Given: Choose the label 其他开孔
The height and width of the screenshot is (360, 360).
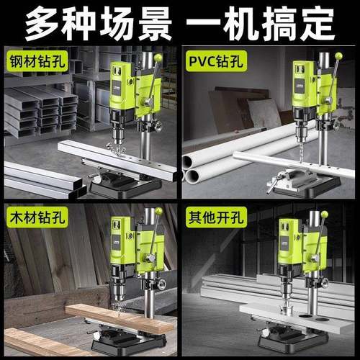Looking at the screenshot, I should click(213, 216).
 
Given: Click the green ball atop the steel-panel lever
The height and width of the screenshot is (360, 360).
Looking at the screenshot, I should click(158, 58).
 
